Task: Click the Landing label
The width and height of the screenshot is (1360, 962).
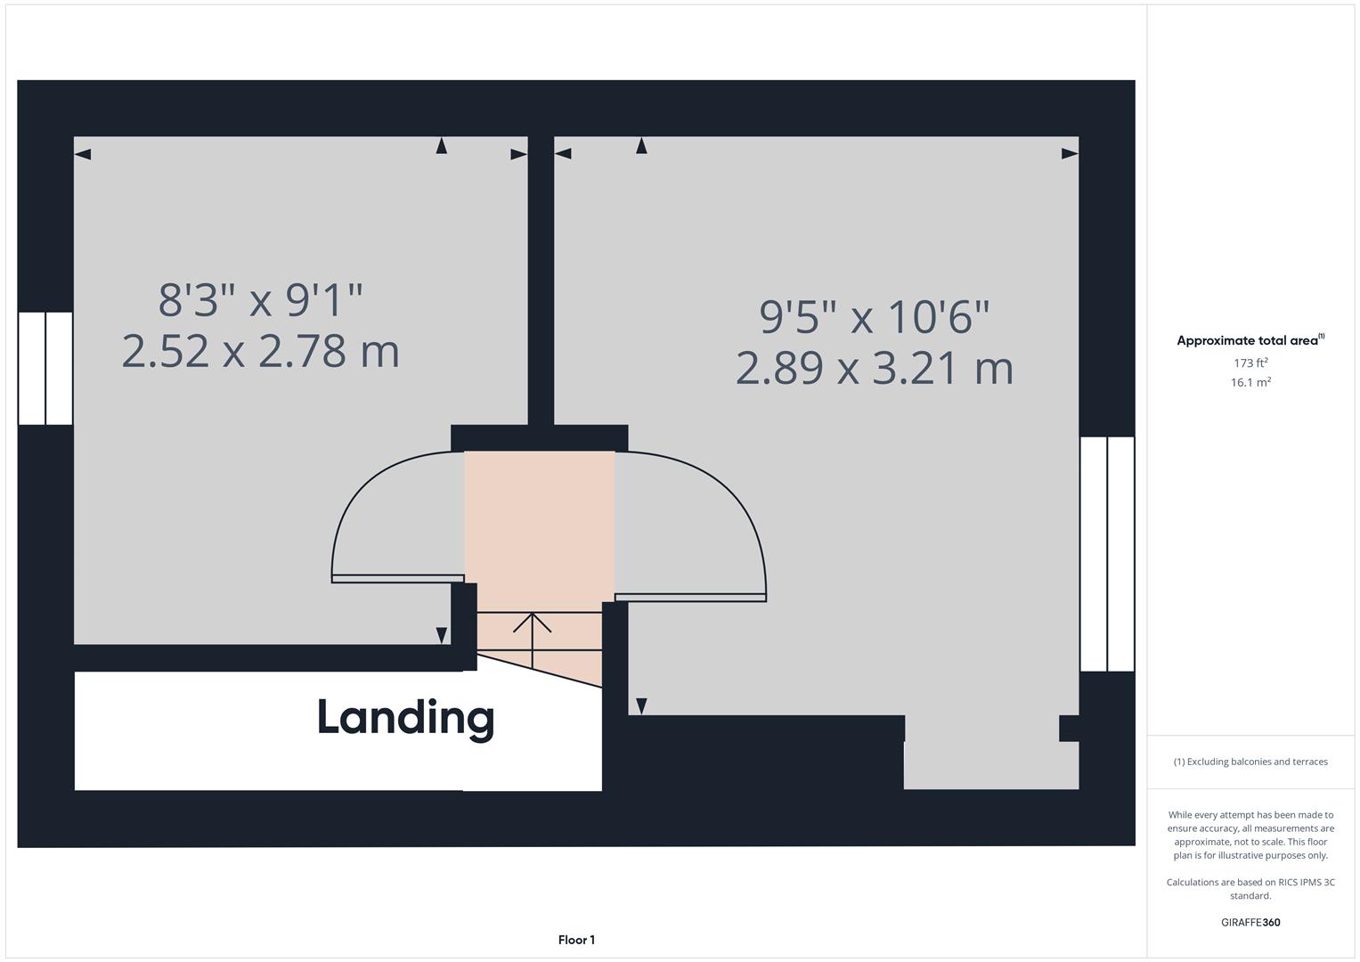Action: (405, 718)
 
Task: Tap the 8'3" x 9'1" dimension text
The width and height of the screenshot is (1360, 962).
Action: (260, 300)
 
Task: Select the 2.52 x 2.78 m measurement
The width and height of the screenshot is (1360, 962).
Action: (260, 351)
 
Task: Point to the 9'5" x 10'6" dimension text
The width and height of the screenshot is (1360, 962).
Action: (874, 316)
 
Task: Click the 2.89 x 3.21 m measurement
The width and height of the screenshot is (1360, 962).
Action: (874, 368)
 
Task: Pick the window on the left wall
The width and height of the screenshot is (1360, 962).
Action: (45, 368)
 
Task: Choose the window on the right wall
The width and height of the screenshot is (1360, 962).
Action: (1107, 553)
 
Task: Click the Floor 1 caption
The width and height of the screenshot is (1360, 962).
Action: (576, 940)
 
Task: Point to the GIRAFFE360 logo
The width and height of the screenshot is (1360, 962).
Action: (1250, 922)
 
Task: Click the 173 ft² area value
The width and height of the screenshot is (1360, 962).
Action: (1250, 363)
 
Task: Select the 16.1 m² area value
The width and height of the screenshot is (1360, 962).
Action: (1250, 382)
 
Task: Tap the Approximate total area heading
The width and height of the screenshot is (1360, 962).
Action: (1249, 340)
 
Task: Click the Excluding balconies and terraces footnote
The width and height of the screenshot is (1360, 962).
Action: (1250, 762)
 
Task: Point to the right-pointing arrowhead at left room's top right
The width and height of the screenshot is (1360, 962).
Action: (518, 155)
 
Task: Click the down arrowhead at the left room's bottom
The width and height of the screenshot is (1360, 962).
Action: (441, 635)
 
